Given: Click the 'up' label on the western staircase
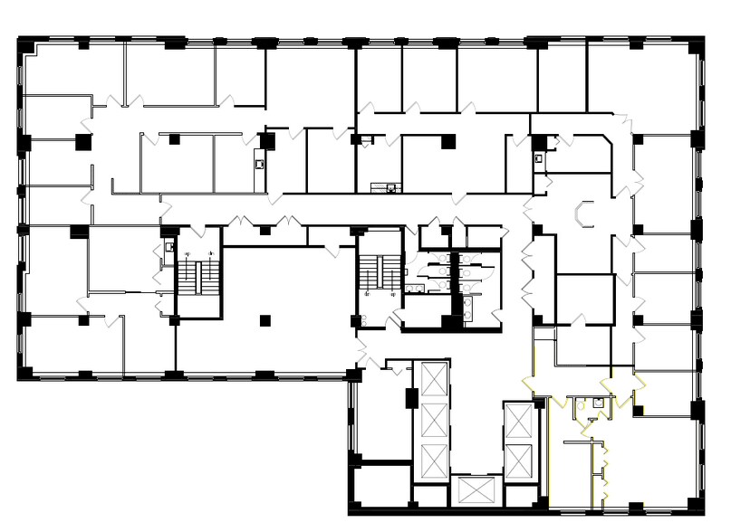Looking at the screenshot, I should point(187,253).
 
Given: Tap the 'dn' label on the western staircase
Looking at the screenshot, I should point(211,253).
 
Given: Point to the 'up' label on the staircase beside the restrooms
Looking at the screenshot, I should point(392,294).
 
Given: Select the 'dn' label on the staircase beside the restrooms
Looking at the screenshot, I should point(367,294).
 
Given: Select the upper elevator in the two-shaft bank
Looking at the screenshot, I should point(519,420).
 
